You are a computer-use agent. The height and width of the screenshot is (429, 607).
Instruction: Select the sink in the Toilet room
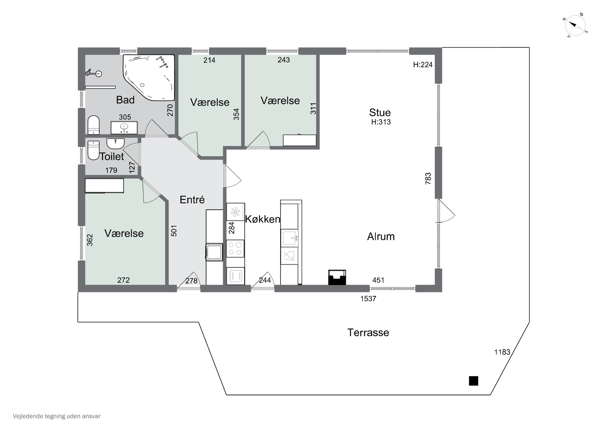115,144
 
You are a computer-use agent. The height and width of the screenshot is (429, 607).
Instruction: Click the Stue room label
380,113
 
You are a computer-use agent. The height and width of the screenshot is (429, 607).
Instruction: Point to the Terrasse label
368,333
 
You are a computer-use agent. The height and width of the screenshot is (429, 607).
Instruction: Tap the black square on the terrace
473,381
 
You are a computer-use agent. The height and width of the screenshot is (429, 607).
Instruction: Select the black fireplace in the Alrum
337,277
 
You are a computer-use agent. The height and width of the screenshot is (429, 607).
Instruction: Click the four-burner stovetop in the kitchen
235,248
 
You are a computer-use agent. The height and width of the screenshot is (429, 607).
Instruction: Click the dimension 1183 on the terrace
502,352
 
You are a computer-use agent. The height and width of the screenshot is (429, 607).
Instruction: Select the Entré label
192,200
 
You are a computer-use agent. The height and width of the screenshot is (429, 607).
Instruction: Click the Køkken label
262,219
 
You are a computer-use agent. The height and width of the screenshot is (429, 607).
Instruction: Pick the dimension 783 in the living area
428,178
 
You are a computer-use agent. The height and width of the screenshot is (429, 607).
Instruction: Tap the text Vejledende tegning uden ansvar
57,416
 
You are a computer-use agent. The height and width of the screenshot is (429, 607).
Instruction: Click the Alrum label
381,236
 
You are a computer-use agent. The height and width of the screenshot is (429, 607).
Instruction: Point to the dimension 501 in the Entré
174,231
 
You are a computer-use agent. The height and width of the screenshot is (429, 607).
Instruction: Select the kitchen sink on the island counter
290,238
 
